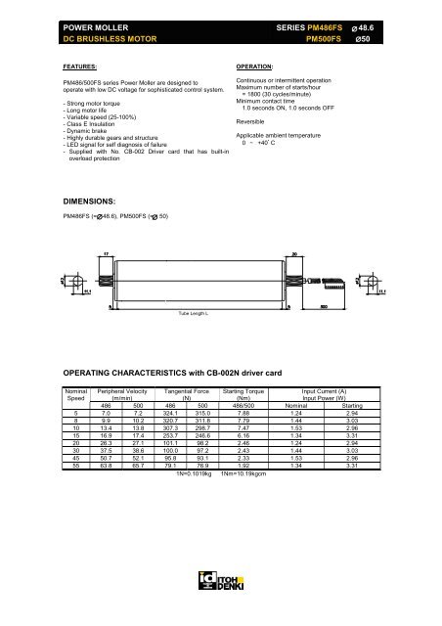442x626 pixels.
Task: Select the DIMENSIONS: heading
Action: (94, 199)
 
